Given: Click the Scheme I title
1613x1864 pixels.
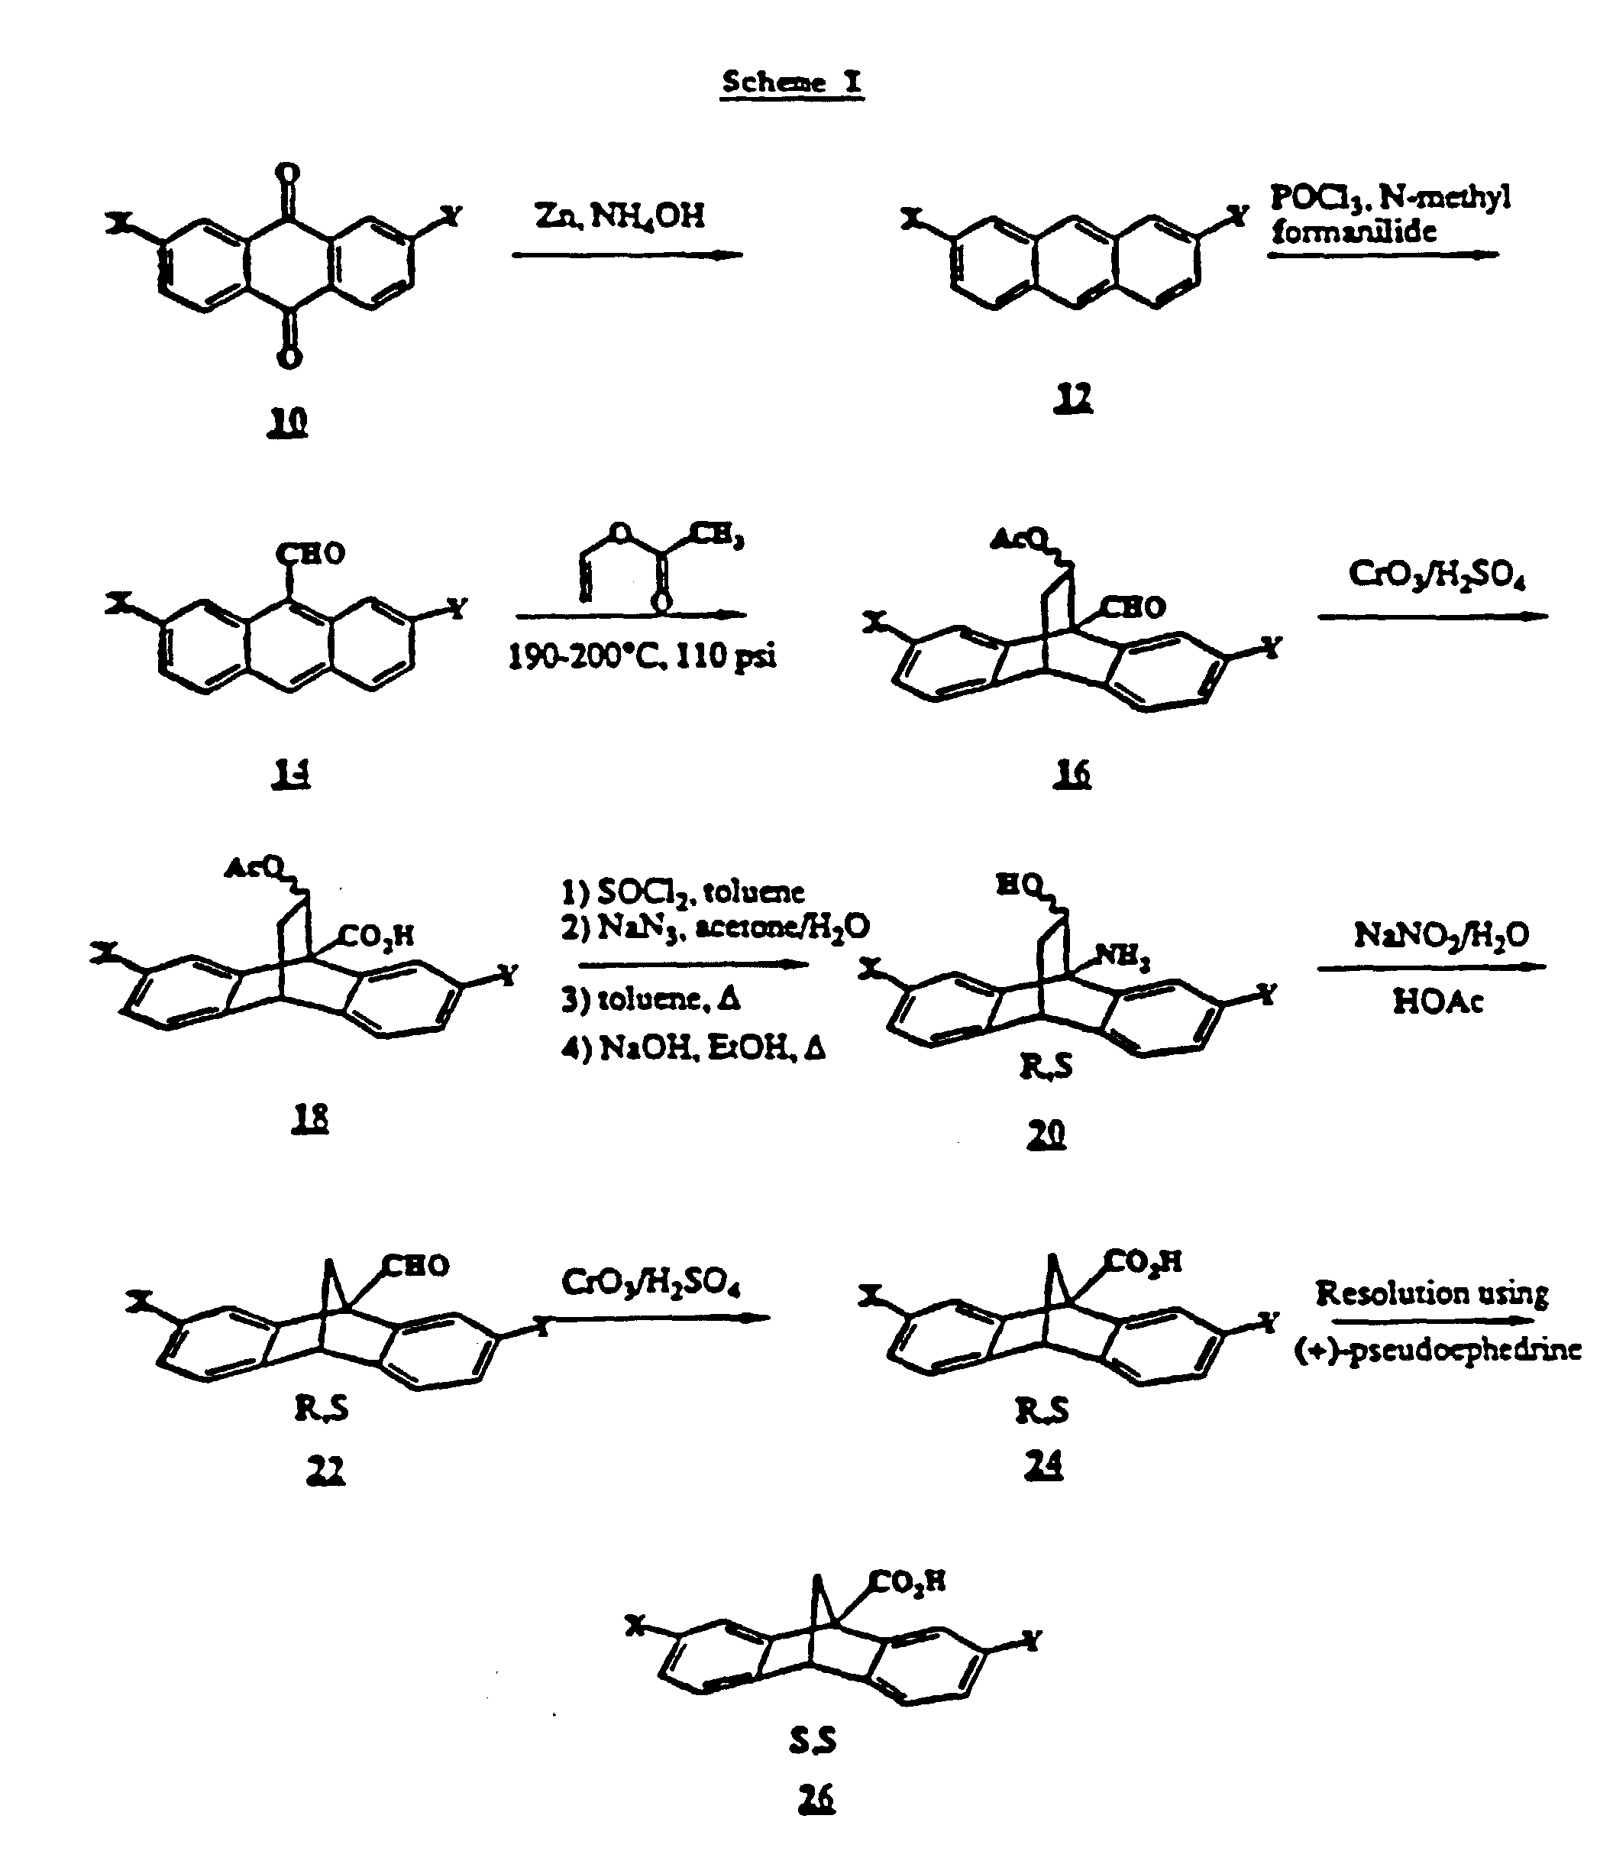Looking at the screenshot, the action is click(791, 82).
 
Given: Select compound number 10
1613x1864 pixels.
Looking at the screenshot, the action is click(288, 422).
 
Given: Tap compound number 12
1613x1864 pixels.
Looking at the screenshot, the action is click(1072, 397).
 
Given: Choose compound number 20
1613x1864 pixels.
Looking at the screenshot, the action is click(1046, 1134).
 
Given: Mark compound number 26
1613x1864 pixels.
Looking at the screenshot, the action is click(816, 1799).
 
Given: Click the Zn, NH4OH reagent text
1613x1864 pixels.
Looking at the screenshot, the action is click(620, 216).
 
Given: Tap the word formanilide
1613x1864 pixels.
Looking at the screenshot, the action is click(1354, 232).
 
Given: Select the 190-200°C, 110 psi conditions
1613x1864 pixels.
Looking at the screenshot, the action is click(642, 656).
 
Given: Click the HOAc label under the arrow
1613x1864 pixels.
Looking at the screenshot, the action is click(1437, 1002).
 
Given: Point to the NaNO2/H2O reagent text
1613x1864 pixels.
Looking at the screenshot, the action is click(1441, 936).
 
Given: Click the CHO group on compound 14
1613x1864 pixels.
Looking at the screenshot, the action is click(311, 553).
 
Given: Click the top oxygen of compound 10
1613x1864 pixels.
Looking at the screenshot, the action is click(288, 173).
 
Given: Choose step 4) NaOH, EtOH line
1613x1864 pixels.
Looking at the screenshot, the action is click(693, 1048).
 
